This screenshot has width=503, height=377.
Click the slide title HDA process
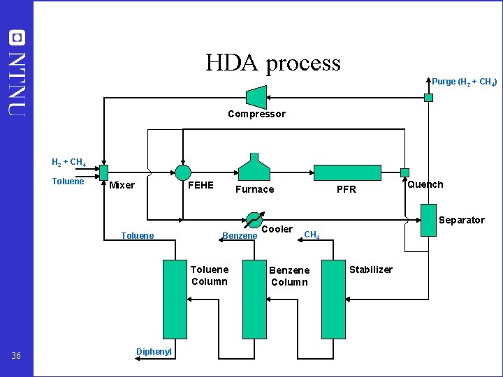[272, 63]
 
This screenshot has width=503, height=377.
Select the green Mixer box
[103, 172]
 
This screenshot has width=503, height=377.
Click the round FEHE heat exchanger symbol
[182, 172]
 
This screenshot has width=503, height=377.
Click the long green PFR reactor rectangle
[347, 172]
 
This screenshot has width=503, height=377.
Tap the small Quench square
[404, 172]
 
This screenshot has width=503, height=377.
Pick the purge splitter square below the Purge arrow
[429, 98]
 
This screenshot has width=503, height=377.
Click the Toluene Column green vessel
[175, 299]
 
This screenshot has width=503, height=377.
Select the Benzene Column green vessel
[254, 299]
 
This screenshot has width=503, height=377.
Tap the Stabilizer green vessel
[333, 299]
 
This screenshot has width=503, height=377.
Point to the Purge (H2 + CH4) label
[464, 82]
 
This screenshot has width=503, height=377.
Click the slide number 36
[17, 356]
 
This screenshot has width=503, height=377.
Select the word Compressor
[256, 114]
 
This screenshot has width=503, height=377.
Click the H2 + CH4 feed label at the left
[69, 163]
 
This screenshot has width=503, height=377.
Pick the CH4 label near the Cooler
[312, 235]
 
